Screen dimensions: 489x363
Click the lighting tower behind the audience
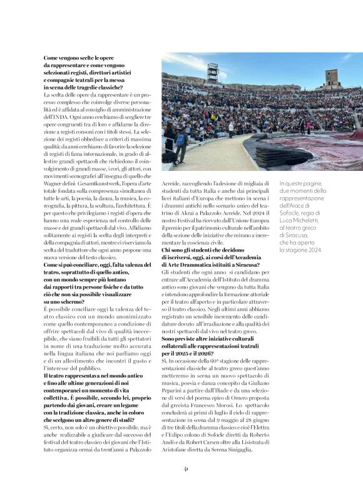(213, 71)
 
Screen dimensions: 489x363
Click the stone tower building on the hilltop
(331, 78)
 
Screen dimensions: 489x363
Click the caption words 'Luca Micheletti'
(300, 220)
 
